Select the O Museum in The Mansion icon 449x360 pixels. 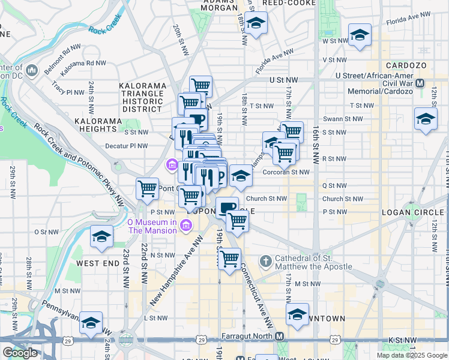point(185,226)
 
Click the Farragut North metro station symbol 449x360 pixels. point(280,337)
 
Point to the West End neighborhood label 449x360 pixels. point(97,263)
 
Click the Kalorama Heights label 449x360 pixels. point(98,121)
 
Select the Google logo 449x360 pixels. point(20,353)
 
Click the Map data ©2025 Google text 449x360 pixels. point(411,355)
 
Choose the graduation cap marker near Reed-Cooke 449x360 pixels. point(256,24)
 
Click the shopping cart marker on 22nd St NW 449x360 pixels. point(147,190)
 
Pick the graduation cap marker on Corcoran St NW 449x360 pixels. point(241,176)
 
